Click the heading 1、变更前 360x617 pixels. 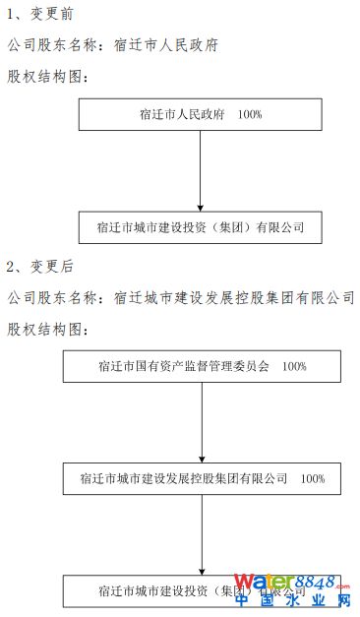tap(39, 17)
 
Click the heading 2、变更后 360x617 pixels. tap(39, 267)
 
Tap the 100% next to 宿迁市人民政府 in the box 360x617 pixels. tap(250, 115)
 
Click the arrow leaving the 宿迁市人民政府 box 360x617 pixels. tap(201, 167)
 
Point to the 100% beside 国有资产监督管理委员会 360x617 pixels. tap(294, 366)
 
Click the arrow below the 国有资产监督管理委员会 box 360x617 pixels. tap(202, 418)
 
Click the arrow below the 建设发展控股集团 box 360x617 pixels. tap(202, 531)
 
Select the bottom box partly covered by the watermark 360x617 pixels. tap(148, 591)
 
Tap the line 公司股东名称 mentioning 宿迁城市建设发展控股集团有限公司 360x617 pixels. tap(180, 296)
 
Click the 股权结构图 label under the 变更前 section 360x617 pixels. tap(48, 76)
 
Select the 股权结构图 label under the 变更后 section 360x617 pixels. tap(48, 326)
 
